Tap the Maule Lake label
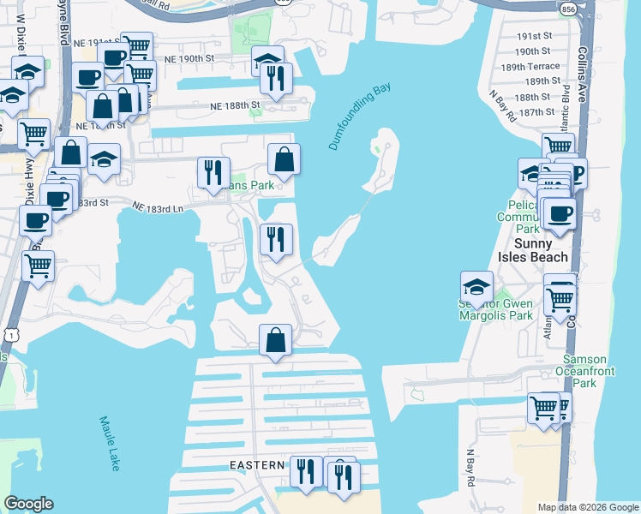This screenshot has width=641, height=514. pos(110,443)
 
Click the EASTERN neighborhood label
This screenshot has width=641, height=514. pos(256,465)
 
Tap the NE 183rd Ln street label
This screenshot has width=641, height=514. pos(159,207)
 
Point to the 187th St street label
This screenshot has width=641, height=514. pos(537,112)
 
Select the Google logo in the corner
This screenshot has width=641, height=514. pos(29,504)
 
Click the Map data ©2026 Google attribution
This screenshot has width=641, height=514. pos(587,507)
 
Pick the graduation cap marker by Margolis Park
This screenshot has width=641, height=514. pos(476,287)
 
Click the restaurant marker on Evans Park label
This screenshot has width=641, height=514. pos(213,172)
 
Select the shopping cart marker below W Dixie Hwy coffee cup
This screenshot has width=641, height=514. pos(38,266)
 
